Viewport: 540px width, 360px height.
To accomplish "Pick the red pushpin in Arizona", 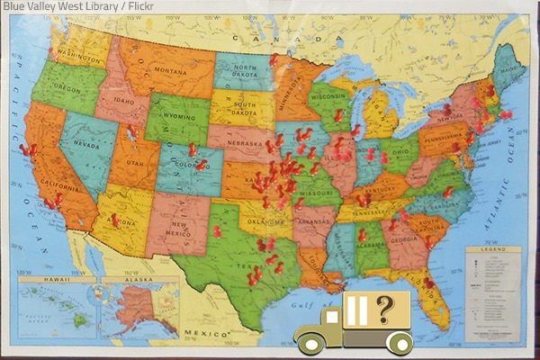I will pos(114,220).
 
